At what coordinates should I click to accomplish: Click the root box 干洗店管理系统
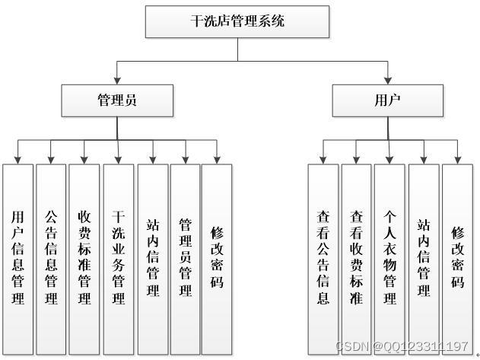coord(237,22)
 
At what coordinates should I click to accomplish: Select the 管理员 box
coord(117,100)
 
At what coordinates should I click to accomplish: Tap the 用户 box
coord(387,100)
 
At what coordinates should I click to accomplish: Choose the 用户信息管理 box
coord(17,257)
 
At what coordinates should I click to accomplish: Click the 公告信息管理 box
coord(51,257)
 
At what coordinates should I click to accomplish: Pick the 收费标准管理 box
coord(84,257)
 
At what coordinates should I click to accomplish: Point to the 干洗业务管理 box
coord(118,257)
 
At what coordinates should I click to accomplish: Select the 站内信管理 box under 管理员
coord(152,257)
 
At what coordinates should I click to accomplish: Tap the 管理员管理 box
coord(185,257)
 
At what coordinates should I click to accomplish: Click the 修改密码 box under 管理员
coord(217,257)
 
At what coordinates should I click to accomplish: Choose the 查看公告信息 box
coord(323,257)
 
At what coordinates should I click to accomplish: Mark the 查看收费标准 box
coord(356,257)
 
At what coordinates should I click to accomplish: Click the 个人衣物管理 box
coord(389,257)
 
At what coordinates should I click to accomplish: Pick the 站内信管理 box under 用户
coord(423,257)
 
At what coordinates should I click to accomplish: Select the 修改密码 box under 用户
coord(457,257)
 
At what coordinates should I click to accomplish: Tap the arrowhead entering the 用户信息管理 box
coord(17,159)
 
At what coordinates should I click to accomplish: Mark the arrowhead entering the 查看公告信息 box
coord(323,159)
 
